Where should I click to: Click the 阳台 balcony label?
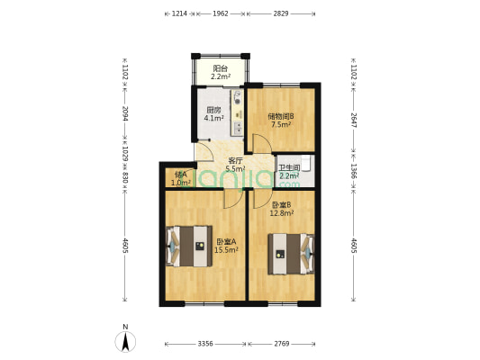219,68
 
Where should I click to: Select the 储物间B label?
280,116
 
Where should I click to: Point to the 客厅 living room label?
235,160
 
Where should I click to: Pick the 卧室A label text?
226,241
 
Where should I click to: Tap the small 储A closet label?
180,175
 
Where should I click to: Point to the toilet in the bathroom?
308,164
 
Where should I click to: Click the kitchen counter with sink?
237,112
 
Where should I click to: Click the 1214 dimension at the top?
178,13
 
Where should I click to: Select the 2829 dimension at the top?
281,13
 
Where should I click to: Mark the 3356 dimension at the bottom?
205,343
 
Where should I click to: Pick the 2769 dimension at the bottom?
281,343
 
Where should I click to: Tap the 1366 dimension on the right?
354,170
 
